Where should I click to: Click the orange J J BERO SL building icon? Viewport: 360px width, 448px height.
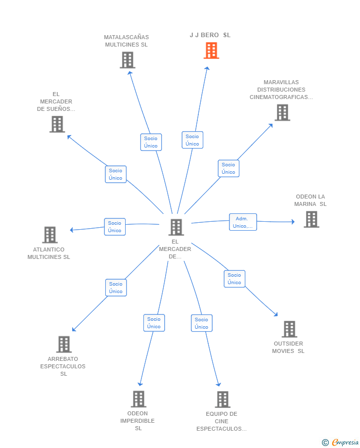point(211,50)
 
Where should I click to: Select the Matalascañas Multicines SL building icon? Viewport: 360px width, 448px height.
point(128,60)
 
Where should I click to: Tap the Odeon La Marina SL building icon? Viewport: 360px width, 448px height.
point(312,219)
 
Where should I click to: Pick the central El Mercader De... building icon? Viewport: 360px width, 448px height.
point(176,227)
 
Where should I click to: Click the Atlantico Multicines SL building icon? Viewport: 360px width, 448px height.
point(50,235)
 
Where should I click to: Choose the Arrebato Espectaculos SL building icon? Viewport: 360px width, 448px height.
point(64,344)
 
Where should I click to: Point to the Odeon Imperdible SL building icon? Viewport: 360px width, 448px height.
point(139,399)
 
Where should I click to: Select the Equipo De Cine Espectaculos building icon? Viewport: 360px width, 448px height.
point(223,399)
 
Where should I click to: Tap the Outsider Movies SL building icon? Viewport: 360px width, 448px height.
point(289,329)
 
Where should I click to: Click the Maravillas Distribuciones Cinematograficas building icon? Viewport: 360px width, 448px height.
point(283,112)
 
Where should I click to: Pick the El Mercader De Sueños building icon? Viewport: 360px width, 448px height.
point(57,124)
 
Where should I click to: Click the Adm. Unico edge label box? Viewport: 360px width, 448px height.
point(243,222)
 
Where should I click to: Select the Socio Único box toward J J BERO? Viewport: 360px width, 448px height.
point(192,140)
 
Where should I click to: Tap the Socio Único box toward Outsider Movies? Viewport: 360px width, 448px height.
point(234,279)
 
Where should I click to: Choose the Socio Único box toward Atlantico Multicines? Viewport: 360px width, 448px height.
point(115,227)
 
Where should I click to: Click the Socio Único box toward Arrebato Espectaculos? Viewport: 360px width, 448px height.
point(116,288)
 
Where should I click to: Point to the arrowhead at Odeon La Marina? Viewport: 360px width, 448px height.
point(293,222)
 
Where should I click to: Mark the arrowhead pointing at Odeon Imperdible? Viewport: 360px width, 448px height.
point(140,384)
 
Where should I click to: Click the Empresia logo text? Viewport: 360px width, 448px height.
point(345,442)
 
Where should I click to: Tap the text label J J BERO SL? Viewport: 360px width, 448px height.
point(210,35)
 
